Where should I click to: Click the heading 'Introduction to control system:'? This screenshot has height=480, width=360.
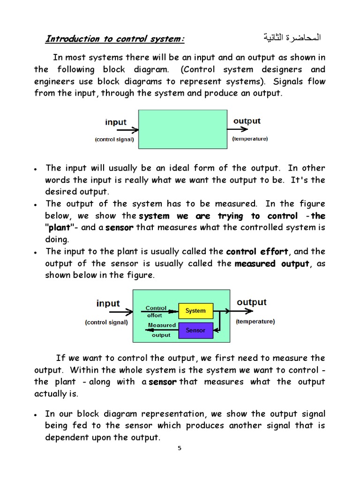click(x=115, y=39)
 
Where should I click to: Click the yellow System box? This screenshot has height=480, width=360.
click(x=195, y=311)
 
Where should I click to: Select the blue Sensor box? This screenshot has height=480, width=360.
click(x=195, y=330)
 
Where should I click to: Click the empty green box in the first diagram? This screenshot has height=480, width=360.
click(x=182, y=129)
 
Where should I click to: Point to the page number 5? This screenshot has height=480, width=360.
click(x=179, y=448)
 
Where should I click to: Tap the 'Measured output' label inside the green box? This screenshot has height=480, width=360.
click(x=162, y=330)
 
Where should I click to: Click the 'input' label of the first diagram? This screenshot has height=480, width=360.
click(x=116, y=122)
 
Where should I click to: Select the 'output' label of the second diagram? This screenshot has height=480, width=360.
click(x=252, y=302)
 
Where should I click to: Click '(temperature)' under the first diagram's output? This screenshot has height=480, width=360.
click(x=250, y=139)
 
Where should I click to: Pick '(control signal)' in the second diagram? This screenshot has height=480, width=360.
click(x=106, y=322)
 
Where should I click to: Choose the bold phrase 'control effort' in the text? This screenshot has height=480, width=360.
click(x=257, y=252)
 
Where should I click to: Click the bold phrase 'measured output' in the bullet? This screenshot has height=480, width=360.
click(x=272, y=263)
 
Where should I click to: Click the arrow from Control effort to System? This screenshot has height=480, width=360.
click(x=172, y=310)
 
